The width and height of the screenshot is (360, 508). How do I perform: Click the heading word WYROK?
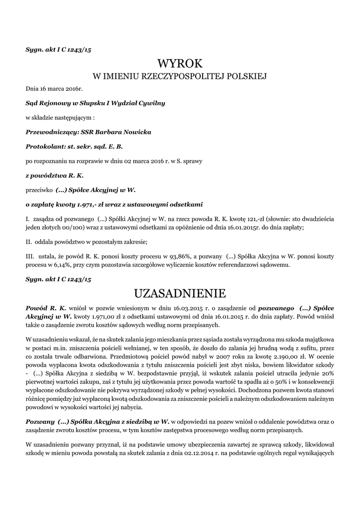[x=180, y=63]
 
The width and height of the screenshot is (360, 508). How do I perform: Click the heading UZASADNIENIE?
[x=180, y=293]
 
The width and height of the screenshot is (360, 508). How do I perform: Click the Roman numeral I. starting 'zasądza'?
[x=27, y=219]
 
